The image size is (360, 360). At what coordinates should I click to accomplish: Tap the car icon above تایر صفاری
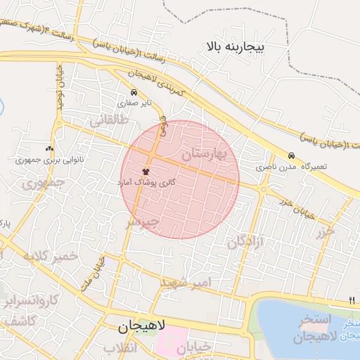coord(134,93)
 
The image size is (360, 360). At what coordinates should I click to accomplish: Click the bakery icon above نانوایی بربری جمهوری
coord(49,148)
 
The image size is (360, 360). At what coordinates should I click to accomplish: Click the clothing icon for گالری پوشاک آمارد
coord(146,171)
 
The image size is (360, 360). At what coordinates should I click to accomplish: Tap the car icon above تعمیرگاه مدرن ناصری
coord(291,156)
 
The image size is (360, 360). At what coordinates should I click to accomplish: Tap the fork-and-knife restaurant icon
coord(352,301)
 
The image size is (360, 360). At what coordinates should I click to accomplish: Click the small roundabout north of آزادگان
coord(264,188)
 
